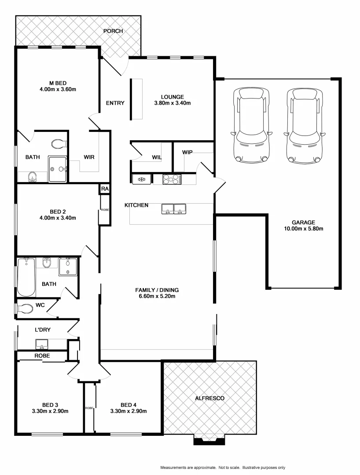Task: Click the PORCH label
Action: [x=113, y=31]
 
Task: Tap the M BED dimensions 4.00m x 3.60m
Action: [x=58, y=90]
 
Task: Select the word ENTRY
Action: [x=115, y=103]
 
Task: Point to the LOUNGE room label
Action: [x=172, y=97]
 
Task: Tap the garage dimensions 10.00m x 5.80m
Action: [x=304, y=229]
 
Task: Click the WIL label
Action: [x=157, y=157]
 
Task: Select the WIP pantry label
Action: [x=188, y=152]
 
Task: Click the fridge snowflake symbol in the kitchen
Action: [x=142, y=179]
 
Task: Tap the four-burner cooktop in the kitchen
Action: [x=172, y=179]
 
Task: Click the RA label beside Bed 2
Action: [x=104, y=189]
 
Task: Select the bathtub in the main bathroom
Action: [x=26, y=277]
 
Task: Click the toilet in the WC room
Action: [x=25, y=309]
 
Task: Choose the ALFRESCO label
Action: [x=209, y=398]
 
